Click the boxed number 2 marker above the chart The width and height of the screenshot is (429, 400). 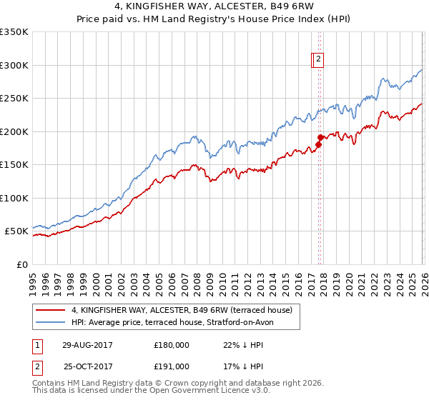pos(319,60)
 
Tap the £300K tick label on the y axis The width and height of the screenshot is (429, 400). pos(14,65)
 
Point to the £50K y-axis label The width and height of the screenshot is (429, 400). pos(16,231)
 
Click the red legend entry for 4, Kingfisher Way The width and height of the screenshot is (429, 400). pos(182,311)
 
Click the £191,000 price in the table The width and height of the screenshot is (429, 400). pos(172,366)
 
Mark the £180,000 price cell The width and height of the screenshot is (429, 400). pos(172,345)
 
